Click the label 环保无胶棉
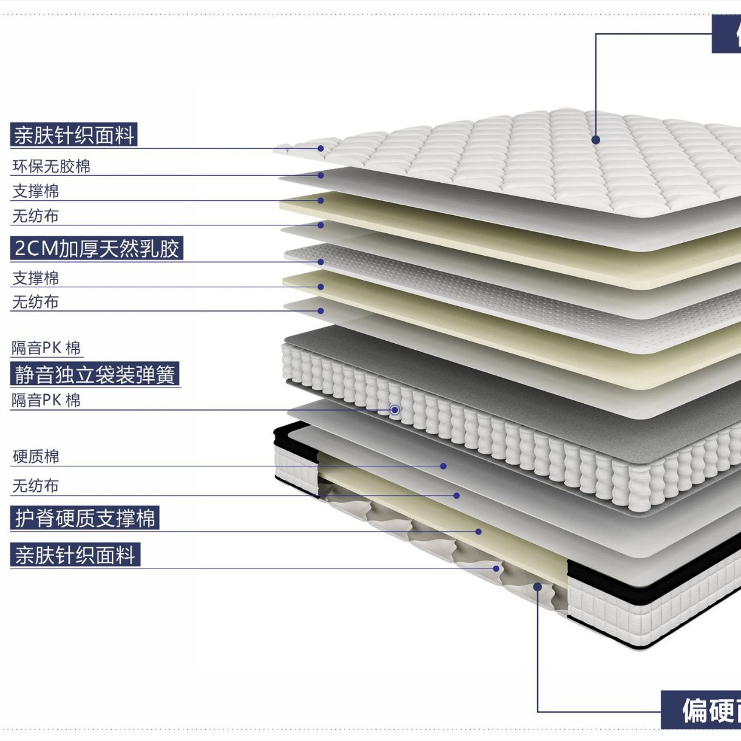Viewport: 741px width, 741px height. point(51,166)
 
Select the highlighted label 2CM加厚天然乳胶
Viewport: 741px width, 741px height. point(97,248)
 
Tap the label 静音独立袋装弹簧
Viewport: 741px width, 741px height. point(95,375)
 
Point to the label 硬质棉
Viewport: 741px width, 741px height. point(36,457)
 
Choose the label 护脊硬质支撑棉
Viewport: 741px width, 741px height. point(85,518)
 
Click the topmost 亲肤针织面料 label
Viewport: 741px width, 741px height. point(74,135)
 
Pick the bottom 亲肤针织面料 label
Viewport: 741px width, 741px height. point(75,555)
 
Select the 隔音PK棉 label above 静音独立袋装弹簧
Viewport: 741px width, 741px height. point(46,348)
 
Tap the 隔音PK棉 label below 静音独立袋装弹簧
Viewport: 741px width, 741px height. point(46,400)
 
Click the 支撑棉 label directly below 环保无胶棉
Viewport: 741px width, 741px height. point(36,191)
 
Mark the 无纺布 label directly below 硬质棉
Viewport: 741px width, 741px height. point(36,486)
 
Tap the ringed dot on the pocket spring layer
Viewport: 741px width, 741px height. point(395,410)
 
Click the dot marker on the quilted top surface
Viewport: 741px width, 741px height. point(596,140)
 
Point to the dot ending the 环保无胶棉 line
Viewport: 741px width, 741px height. point(321,176)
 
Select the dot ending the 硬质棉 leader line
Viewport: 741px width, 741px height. point(443,466)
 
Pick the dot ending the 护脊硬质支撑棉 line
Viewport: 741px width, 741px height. point(479,531)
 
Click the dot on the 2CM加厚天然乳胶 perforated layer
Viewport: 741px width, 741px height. point(321,262)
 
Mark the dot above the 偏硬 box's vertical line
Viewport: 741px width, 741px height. point(538,587)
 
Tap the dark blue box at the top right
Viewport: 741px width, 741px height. point(726,34)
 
